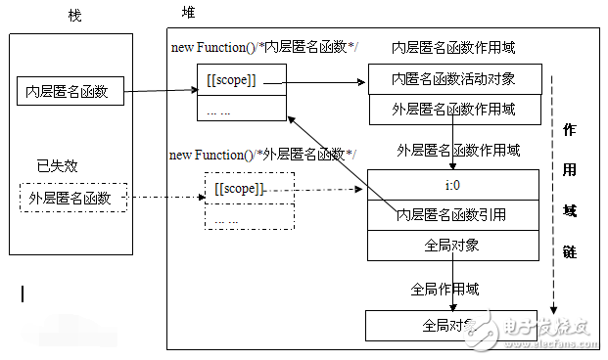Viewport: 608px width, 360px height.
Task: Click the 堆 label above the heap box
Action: click(x=187, y=13)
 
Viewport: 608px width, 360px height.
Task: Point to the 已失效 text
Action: click(x=57, y=165)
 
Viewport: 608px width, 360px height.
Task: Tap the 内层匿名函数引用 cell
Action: click(x=452, y=213)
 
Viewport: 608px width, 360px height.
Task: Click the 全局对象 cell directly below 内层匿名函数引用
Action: click(x=452, y=246)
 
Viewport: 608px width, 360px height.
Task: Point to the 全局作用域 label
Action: click(x=444, y=289)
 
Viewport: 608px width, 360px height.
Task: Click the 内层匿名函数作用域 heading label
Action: click(x=452, y=47)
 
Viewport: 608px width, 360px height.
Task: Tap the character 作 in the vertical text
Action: click(x=570, y=129)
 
